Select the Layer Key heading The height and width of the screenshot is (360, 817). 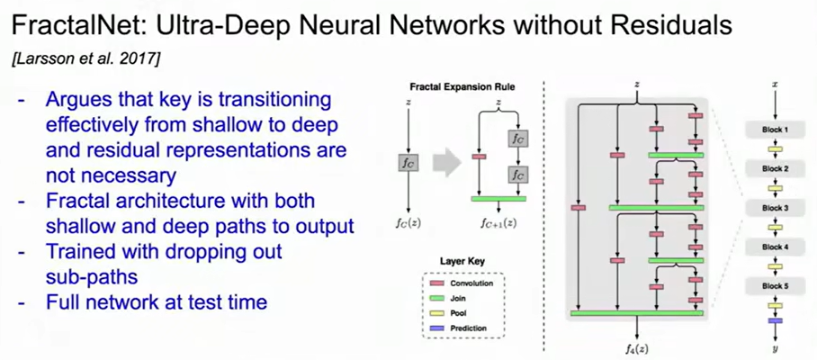pos(462,260)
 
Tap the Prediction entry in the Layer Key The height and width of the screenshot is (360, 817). pos(466,328)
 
